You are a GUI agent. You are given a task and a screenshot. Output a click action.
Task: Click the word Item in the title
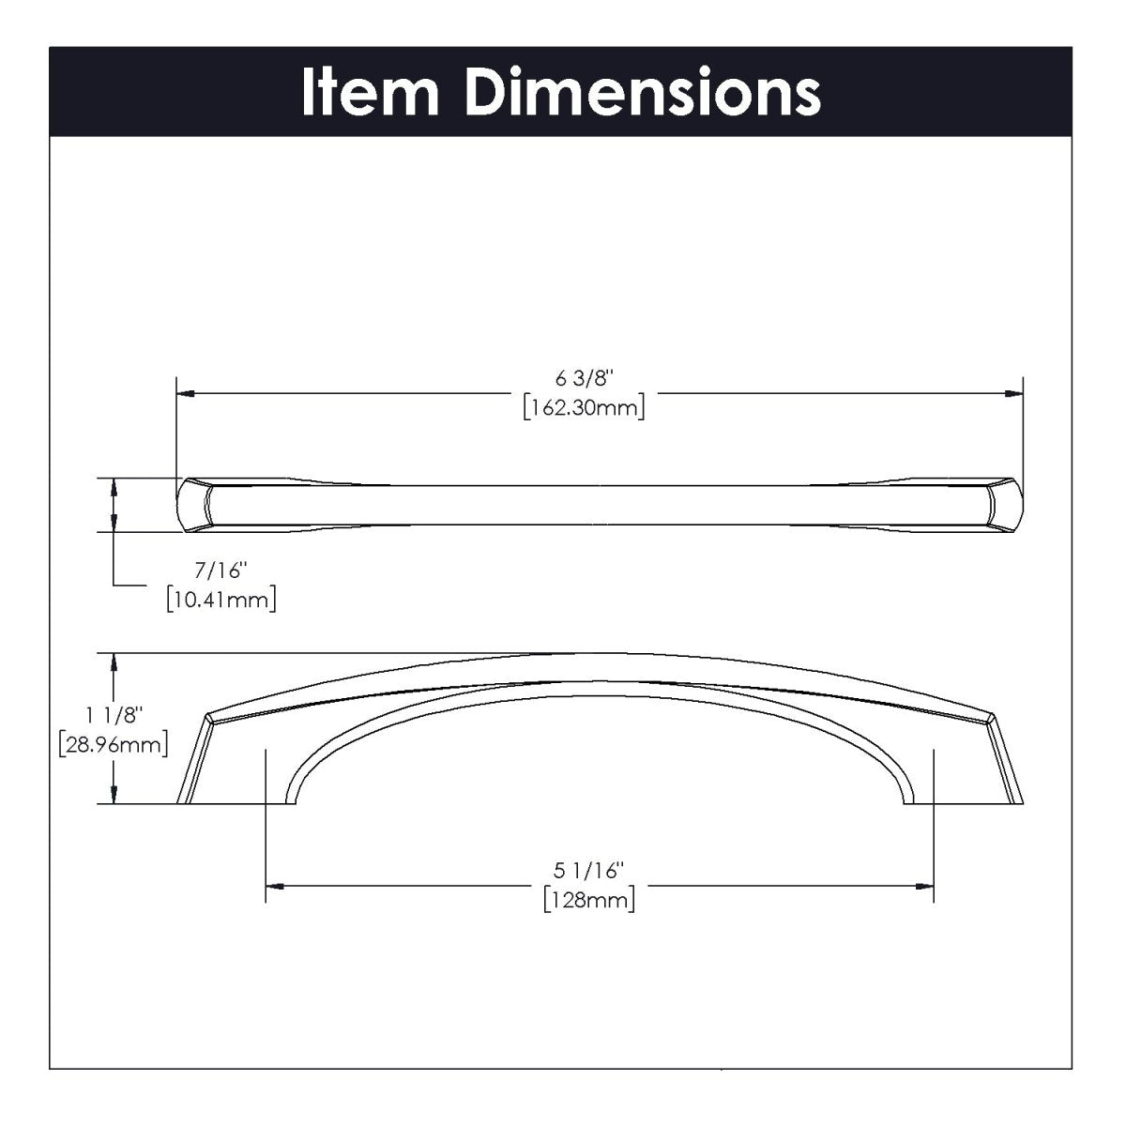tap(371, 93)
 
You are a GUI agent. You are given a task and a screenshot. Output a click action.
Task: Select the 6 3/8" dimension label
tap(584, 379)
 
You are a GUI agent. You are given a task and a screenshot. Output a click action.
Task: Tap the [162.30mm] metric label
tap(584, 408)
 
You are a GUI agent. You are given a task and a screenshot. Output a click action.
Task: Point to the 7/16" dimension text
tap(219, 571)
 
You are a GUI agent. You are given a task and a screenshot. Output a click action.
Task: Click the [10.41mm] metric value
tap(221, 599)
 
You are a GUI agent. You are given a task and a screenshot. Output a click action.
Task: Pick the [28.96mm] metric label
tap(113, 745)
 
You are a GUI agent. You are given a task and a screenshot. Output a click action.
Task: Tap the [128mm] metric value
tap(588, 900)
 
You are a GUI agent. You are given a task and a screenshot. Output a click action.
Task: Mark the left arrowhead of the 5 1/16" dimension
tap(274, 885)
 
